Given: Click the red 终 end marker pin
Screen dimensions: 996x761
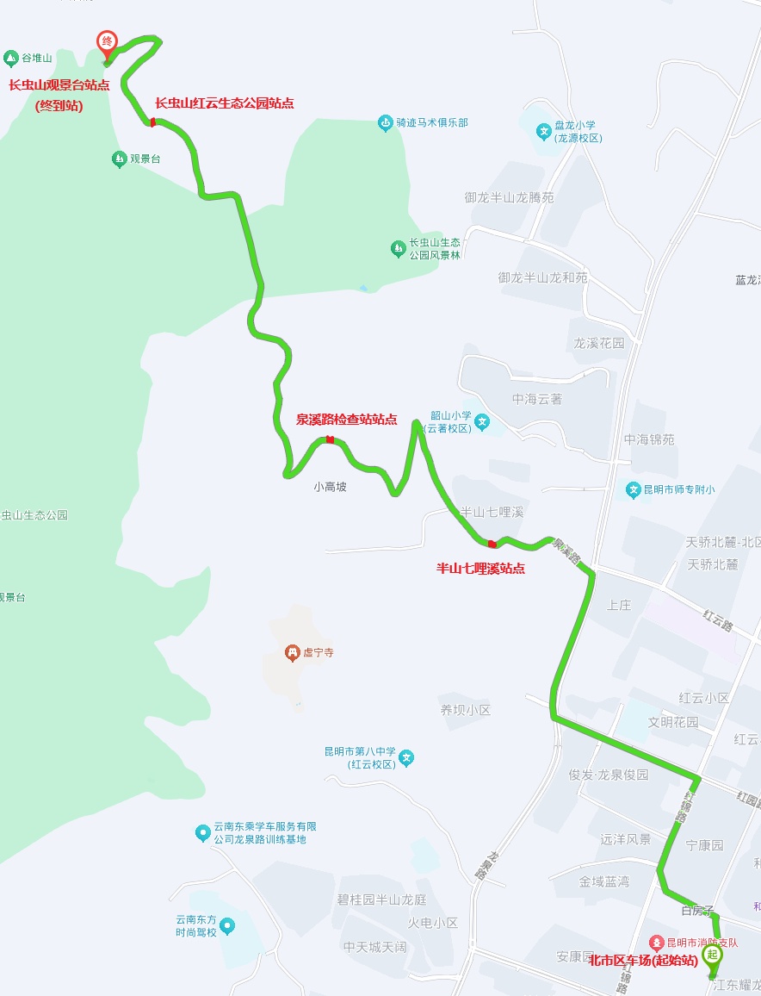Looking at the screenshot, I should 107,42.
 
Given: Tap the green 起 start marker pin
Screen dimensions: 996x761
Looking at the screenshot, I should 712,955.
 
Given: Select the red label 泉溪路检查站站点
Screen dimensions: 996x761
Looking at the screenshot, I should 346,420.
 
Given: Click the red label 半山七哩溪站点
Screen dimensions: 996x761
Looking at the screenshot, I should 480,569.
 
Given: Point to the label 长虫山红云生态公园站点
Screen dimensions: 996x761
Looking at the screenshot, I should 224,103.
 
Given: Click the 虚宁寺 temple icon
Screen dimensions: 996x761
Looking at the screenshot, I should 292,653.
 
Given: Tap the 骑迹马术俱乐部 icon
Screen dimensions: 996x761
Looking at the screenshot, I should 385,123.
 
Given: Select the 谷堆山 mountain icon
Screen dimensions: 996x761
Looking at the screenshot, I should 11,59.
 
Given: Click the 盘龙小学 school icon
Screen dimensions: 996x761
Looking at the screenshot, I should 543,132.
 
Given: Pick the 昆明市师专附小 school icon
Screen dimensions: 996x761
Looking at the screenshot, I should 634,490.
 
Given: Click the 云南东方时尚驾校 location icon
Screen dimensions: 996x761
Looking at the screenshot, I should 226,926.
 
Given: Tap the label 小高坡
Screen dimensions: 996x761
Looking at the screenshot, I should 330,487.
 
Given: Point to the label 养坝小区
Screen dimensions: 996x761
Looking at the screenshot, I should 465,711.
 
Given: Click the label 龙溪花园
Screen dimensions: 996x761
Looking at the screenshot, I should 599,343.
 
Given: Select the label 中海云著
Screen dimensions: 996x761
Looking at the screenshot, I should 537,399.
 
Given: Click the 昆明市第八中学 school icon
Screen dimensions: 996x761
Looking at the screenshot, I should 406,758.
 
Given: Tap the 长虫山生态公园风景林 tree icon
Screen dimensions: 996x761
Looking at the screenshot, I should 398,249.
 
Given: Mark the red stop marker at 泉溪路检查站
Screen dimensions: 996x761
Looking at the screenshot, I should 330,440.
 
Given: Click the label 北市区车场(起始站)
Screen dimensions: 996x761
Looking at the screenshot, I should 643,961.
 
